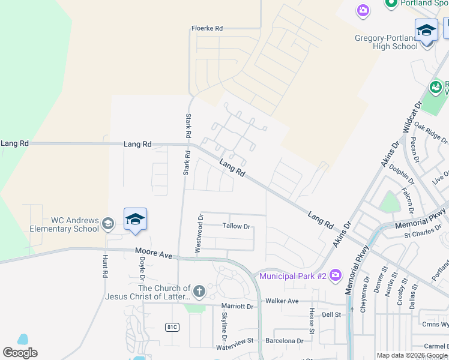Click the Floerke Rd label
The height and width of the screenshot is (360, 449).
click(207, 28)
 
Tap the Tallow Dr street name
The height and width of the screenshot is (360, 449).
click(236, 226)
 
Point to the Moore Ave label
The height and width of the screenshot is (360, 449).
click(154, 254)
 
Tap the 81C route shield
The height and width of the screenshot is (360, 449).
click(172, 326)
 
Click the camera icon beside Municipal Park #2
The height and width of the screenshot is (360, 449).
click(335, 275)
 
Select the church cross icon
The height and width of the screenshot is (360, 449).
click(199, 292)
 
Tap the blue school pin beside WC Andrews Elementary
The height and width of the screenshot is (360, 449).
click(136, 220)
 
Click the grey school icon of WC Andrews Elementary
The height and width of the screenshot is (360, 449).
click(107, 224)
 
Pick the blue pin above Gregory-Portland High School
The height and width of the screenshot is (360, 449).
click(426, 30)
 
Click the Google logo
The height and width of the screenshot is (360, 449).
click(20, 353)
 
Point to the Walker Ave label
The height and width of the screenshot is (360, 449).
click(282, 301)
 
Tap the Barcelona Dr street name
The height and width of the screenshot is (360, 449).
click(285, 341)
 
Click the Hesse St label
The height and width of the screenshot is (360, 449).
click(312, 321)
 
